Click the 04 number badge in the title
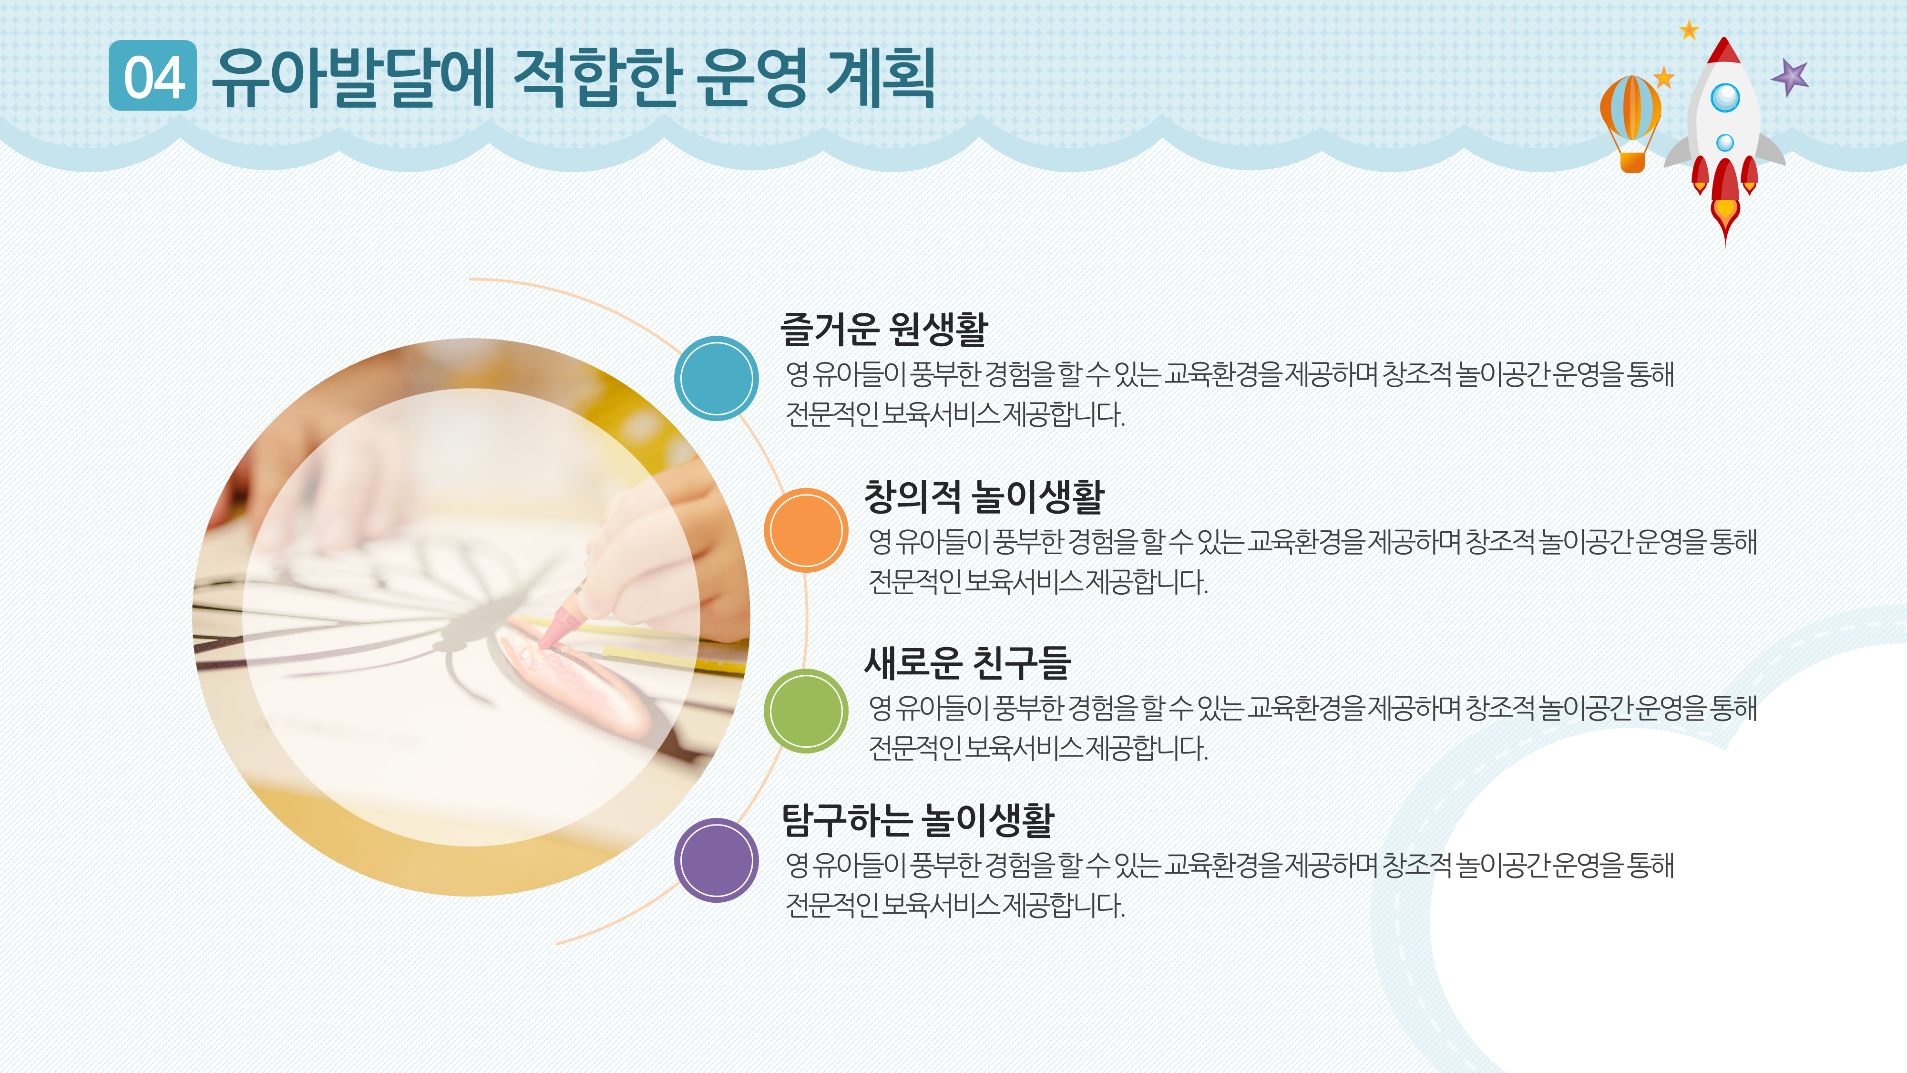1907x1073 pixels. pyautogui.click(x=153, y=76)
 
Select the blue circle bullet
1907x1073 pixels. pyautogui.click(x=716, y=378)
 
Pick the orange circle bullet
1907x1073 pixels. pyautogui.click(x=805, y=530)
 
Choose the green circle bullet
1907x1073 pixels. pyautogui.click(x=805, y=711)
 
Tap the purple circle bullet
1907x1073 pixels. pyautogui.click(x=716, y=860)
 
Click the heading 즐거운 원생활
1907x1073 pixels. pyautogui.click(x=884, y=329)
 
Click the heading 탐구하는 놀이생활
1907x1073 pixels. pyautogui.click(x=917, y=820)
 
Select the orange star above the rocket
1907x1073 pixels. pyautogui.click(x=1689, y=31)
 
